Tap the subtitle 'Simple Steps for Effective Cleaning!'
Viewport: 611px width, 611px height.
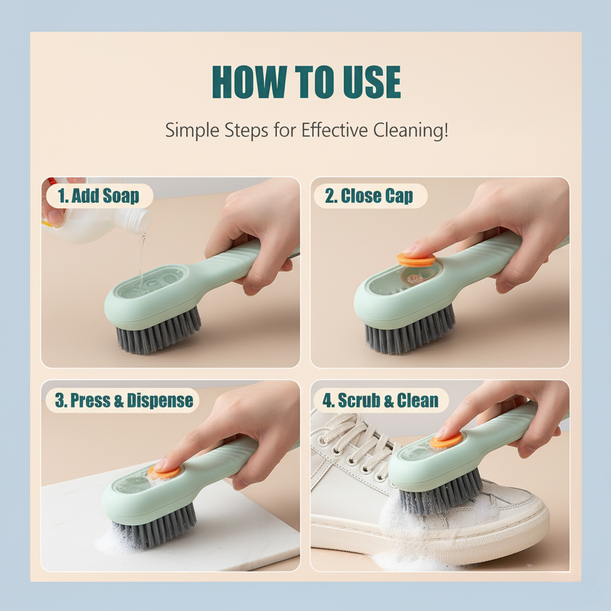click(x=306, y=129)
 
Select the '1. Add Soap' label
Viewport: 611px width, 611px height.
click(x=98, y=196)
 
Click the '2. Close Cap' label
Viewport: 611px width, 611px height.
click(x=369, y=196)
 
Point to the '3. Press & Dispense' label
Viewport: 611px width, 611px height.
click(x=124, y=400)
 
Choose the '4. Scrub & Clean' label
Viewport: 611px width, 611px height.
click(x=379, y=400)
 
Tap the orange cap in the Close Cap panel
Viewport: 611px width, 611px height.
click(x=416, y=260)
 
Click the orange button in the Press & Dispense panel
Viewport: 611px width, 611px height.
click(x=164, y=472)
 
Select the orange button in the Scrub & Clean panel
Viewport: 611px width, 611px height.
click(x=446, y=441)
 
